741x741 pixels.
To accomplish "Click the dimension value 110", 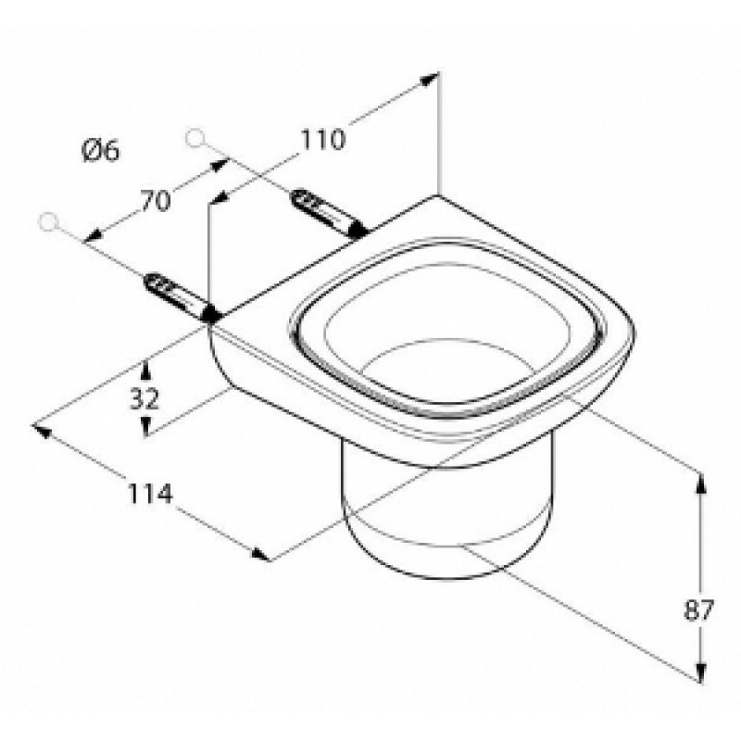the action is click(323, 140).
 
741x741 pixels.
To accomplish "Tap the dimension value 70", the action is click(155, 201).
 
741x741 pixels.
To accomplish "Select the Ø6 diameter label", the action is click(101, 151).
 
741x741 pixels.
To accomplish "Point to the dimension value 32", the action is click(145, 398).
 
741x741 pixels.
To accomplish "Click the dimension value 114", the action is click(150, 494).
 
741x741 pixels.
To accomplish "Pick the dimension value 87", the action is click(698, 610).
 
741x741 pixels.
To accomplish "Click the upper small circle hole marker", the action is click(195, 138).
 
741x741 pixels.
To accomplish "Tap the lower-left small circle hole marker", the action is click(48, 221).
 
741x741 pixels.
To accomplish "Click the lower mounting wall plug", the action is click(181, 296).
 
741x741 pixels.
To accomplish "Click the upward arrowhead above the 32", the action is click(145, 370).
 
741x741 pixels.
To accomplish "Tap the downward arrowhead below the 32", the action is click(145, 426).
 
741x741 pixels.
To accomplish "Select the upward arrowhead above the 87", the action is click(701, 483).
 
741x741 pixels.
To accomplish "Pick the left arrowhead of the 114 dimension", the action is click(41, 430).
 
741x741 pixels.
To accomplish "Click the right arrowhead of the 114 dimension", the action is click(261, 554).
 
